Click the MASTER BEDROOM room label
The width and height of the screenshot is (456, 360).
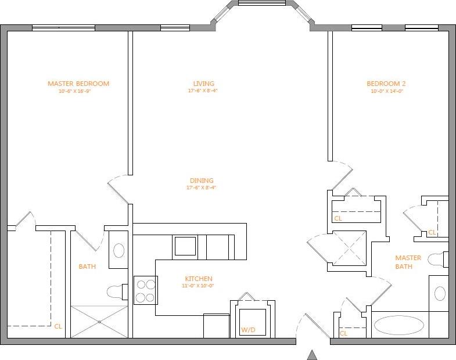(x=78, y=84)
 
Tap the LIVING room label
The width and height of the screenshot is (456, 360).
(x=204, y=84)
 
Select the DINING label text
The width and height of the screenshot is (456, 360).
(x=202, y=181)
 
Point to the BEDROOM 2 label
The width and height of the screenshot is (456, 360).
(x=386, y=84)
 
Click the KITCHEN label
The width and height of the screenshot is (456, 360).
(x=198, y=279)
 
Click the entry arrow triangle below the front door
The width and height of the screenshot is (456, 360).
(x=312, y=355)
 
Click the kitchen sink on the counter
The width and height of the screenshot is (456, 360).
(x=185, y=246)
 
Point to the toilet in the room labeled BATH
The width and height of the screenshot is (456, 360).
(x=117, y=291)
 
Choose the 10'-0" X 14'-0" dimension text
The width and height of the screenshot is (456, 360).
(x=386, y=91)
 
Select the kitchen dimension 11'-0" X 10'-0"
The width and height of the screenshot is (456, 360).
(x=198, y=286)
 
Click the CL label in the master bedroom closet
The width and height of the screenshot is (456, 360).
(x=58, y=326)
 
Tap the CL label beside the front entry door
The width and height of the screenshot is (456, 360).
(x=343, y=333)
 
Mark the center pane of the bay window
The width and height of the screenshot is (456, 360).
(x=262, y=3)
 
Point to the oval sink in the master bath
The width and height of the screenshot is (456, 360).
(x=440, y=293)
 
